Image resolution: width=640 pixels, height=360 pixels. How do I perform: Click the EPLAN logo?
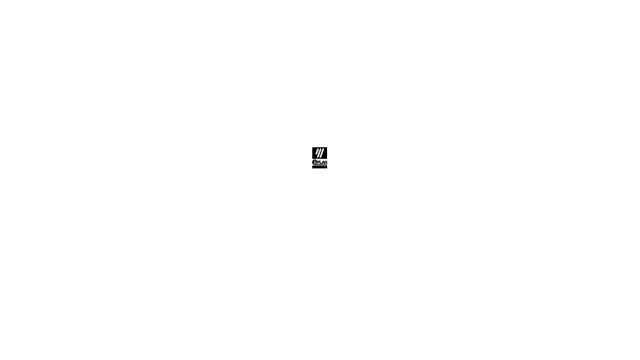coord(319,157)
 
